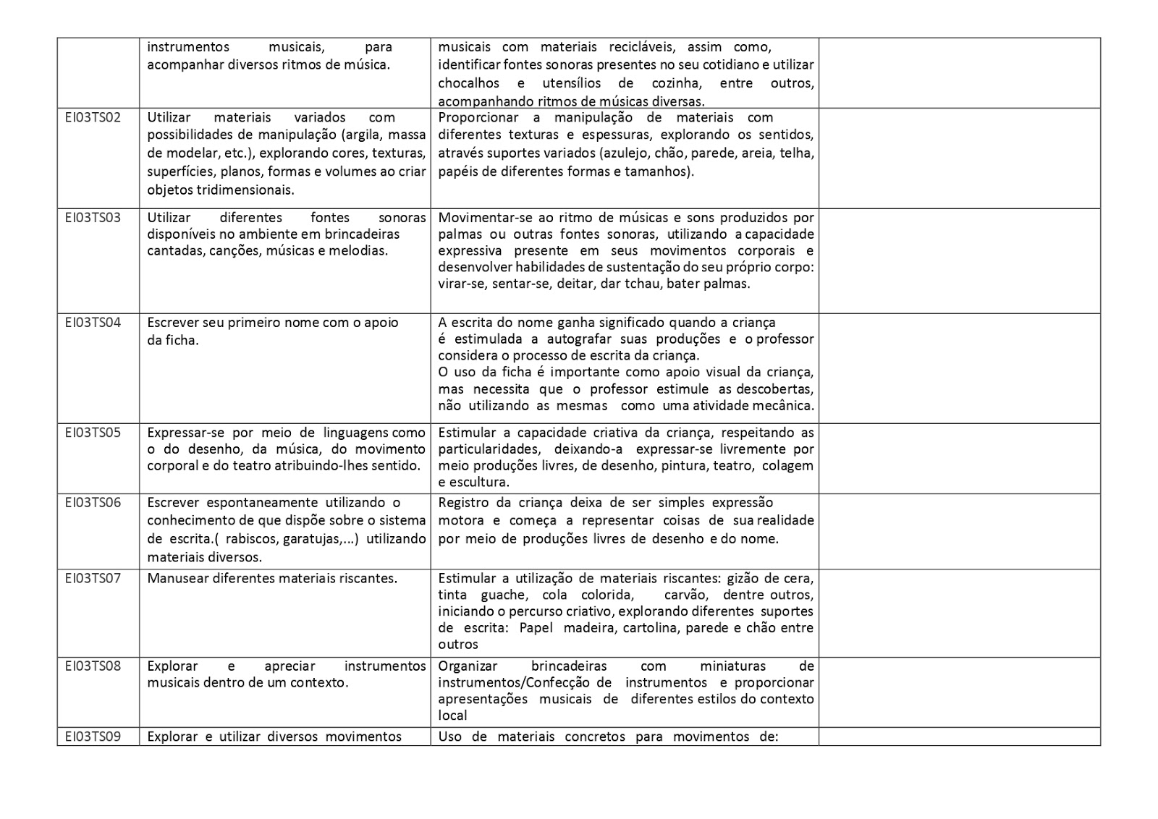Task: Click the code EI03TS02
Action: click(x=93, y=117)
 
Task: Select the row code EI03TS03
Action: click(x=93, y=217)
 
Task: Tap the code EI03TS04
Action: click(x=93, y=323)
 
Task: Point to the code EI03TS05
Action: click(x=93, y=433)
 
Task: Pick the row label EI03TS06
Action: click(x=93, y=503)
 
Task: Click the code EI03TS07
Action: click(x=93, y=578)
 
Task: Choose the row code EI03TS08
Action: click(x=93, y=666)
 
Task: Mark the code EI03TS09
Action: click(x=93, y=737)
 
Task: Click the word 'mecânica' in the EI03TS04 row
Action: click(x=786, y=406)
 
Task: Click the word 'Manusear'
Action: click(x=177, y=578)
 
